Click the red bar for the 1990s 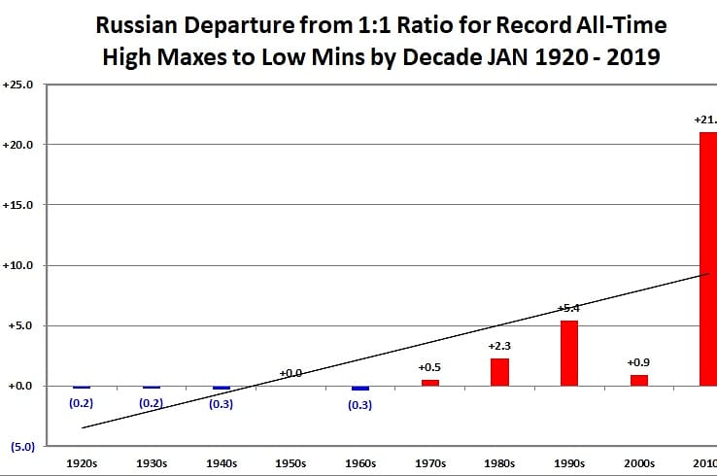click(569, 353)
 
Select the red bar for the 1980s click(499, 372)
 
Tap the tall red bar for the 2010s click(708, 258)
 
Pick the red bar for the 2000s click(638, 380)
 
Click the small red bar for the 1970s click(429, 383)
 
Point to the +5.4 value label click(569, 308)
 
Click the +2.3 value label click(499, 347)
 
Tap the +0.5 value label click(429, 367)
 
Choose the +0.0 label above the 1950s click(290, 372)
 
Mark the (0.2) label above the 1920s click(82, 402)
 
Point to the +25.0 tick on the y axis click(19, 85)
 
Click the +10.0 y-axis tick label click(19, 265)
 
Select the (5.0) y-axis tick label click(21, 447)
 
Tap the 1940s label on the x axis click(222, 463)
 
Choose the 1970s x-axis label click(429, 463)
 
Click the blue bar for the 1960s click(360, 388)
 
